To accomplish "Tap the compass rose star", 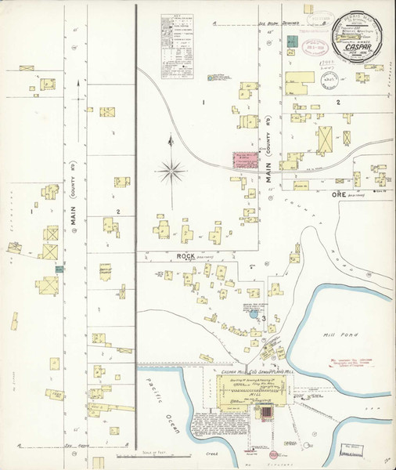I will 171,169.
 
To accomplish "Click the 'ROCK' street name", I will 185,255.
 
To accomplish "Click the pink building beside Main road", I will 245,161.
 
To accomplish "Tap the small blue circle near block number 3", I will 254,314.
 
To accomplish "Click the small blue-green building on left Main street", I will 59,269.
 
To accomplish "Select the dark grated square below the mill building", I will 265,413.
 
